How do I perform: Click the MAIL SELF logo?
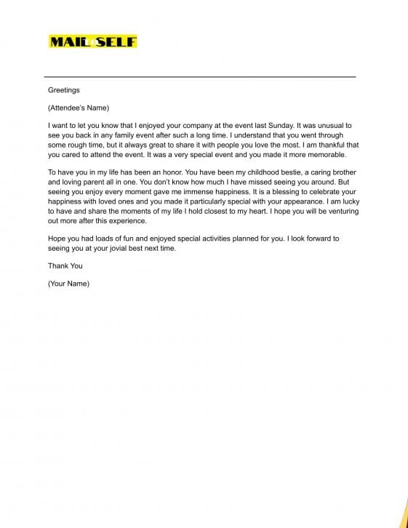coord(92,41)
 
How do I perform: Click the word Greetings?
coord(64,90)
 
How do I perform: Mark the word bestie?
coord(284,172)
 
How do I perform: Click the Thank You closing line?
coord(65,265)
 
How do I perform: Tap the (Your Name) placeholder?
coord(68,284)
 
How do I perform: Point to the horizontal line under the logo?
coord(200,76)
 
